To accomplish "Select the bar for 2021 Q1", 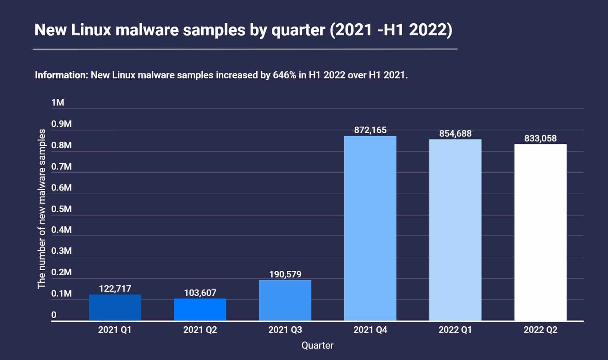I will pyautogui.click(x=115, y=308).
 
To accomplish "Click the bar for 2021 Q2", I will pyautogui.click(x=200, y=309).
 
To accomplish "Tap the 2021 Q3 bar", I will pyautogui.click(x=285, y=300).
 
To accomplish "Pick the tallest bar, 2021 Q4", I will pyautogui.click(x=370, y=228).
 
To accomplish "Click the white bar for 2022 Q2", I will pyautogui.click(x=540, y=232).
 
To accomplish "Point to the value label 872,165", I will pyautogui.click(x=370, y=130).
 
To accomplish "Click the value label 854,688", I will pyautogui.click(x=455, y=133).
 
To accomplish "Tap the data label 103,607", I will pyautogui.click(x=200, y=293).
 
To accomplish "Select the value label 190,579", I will pyautogui.click(x=285, y=275).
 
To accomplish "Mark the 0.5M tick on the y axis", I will pyautogui.click(x=61, y=209).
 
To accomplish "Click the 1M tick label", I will pyautogui.click(x=58, y=103).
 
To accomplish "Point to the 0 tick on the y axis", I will pyautogui.click(x=54, y=315).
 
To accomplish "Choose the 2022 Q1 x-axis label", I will pyautogui.click(x=455, y=330).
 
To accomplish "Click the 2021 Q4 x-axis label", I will pyautogui.click(x=370, y=330).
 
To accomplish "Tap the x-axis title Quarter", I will pyautogui.click(x=317, y=345).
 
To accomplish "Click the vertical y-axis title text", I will pyautogui.click(x=42, y=209).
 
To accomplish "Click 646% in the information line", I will pyautogui.click(x=284, y=75).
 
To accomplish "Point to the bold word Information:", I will pyautogui.click(x=61, y=75).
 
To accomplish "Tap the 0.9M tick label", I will pyautogui.click(x=61, y=124).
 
